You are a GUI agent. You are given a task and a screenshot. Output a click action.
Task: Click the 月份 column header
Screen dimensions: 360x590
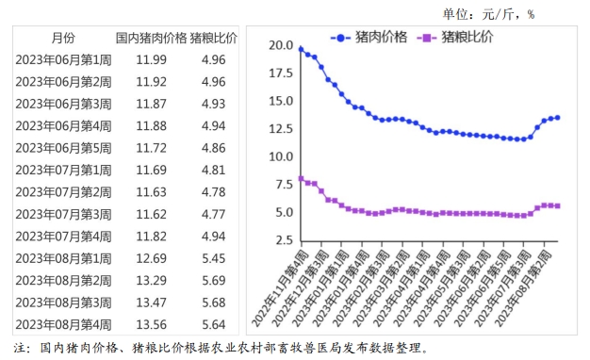[63, 39]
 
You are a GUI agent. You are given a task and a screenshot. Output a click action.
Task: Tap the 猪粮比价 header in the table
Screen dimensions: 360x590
[214, 39]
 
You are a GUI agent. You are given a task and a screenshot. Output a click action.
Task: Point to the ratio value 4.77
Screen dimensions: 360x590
[214, 214]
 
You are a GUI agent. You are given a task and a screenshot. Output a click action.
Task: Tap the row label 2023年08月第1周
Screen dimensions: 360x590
[63, 258]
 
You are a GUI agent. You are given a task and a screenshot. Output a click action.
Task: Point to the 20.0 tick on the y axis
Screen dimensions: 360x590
[280, 45]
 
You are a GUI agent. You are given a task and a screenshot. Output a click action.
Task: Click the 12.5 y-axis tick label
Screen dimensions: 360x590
[280, 129]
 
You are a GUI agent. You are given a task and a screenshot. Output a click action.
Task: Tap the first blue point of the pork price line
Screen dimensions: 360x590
[301, 49]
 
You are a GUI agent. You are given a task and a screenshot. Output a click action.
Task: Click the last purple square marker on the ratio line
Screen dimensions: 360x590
[558, 205]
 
